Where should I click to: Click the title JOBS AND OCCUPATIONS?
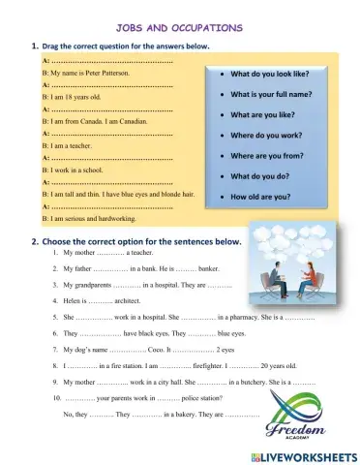tap(179, 28)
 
